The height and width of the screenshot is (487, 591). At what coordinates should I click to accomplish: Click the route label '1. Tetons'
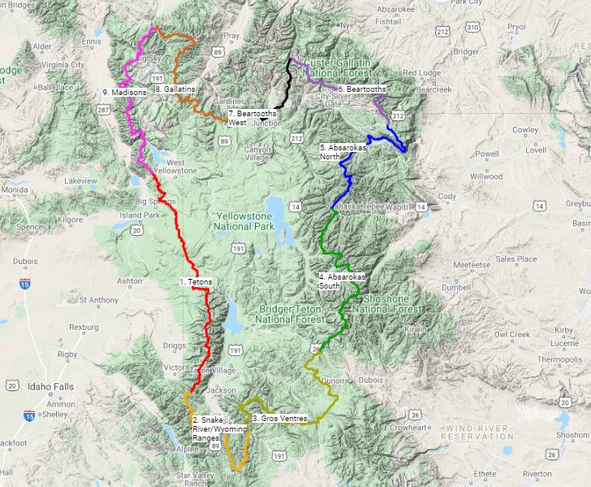pyautogui.click(x=196, y=281)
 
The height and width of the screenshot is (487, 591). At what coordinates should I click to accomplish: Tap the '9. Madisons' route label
pyautogui.click(x=125, y=93)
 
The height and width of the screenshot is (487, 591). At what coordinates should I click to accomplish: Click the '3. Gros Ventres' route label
pyautogui.click(x=280, y=419)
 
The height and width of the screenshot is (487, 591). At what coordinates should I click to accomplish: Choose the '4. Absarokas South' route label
pyautogui.click(x=342, y=281)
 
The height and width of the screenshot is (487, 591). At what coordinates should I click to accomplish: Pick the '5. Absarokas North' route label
pyautogui.click(x=343, y=152)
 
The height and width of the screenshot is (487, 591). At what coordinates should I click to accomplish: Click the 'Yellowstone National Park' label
pyautogui.click(x=248, y=221)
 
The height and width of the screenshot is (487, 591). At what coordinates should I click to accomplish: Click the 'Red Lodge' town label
pyautogui.click(x=421, y=72)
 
